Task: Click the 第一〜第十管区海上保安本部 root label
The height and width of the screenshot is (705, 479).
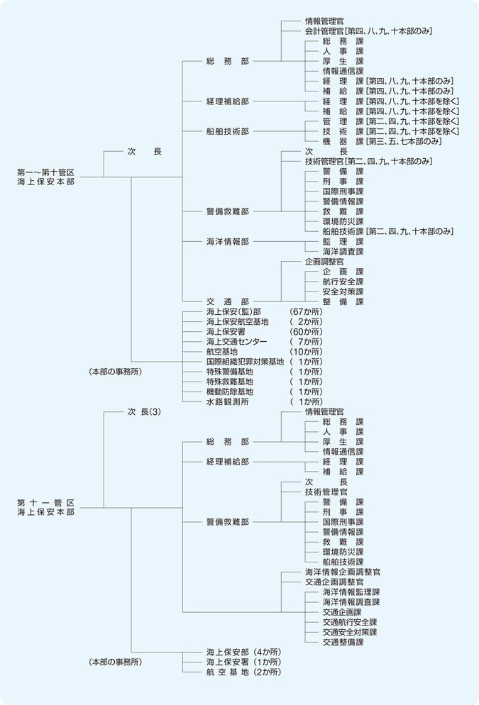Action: tap(46, 177)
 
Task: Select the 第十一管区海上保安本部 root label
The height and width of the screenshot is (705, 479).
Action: tap(46, 506)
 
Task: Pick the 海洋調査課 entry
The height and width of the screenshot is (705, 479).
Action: tap(343, 251)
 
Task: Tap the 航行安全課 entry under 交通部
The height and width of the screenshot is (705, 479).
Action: tap(343, 282)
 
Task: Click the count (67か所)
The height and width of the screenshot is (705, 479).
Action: tap(306, 312)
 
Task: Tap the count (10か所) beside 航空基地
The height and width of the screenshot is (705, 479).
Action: tap(306, 352)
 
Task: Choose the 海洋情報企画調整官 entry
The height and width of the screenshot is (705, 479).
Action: tap(343, 572)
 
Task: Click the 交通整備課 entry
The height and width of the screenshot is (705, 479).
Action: tap(343, 642)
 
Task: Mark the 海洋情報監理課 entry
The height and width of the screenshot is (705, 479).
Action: tap(351, 592)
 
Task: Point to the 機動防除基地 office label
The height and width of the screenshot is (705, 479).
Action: tap(230, 392)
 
